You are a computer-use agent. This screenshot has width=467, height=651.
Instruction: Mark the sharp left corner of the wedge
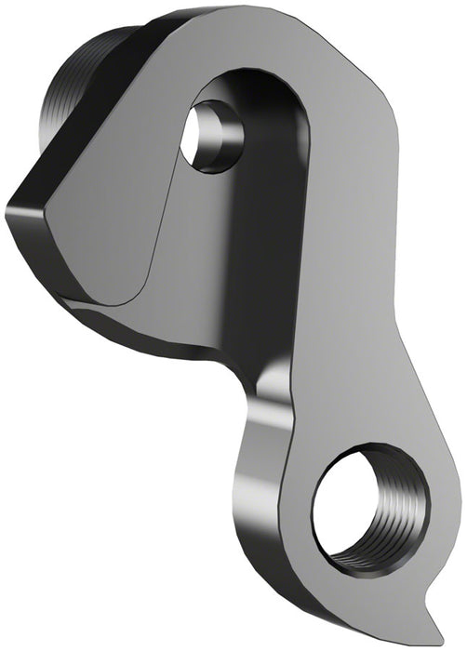pyautogui.click(x=11, y=206)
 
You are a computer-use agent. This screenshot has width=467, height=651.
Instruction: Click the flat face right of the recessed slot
pyautogui.click(x=354, y=232)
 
